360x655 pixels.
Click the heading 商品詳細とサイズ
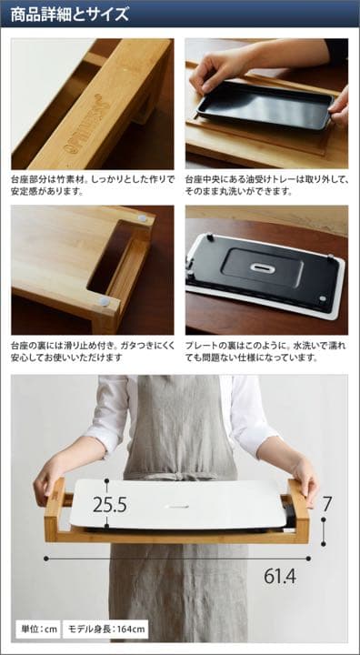[69, 15]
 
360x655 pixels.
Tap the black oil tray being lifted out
[263, 104]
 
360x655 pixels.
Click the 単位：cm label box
[39, 629]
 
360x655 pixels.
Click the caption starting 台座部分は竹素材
[92, 186]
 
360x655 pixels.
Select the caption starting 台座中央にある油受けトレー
[266, 186]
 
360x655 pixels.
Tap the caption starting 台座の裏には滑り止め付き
[92, 351]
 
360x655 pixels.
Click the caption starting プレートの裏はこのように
[266, 351]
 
